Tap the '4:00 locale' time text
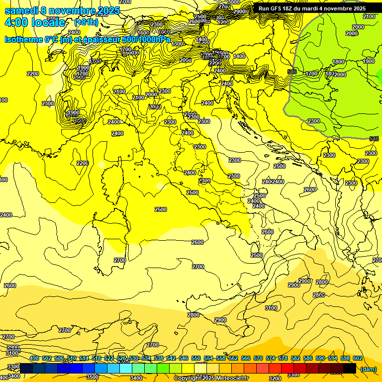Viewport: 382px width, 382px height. (35, 22)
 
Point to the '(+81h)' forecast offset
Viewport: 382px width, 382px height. (86, 22)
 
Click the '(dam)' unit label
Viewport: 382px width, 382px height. (368, 369)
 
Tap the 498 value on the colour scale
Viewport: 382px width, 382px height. (34, 358)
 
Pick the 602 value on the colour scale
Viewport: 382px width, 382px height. (358, 358)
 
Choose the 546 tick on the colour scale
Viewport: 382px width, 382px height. (184, 358)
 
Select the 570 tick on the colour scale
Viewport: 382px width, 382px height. (258, 358)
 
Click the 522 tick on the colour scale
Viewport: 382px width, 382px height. (109, 358)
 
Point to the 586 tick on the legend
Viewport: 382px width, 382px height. (308, 358)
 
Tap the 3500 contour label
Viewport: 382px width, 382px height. (93, 377)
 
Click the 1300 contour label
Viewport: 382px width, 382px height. (178, 44)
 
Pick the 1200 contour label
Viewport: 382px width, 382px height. (223, 22)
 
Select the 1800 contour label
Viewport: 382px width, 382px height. (338, 62)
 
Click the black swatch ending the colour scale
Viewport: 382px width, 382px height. (350, 369)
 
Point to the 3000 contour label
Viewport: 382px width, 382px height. (233, 2)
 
